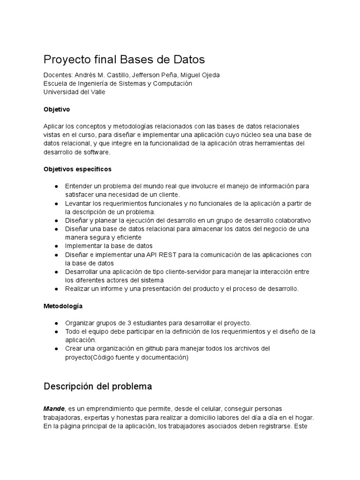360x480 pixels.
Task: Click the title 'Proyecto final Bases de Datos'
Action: point(124,60)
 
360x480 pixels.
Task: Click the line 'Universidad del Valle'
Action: point(74,92)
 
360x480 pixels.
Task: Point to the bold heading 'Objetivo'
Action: point(56,109)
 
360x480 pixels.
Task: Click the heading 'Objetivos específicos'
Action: point(77,169)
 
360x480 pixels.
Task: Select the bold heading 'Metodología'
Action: point(63,306)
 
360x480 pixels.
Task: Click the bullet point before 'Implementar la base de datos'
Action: point(56,246)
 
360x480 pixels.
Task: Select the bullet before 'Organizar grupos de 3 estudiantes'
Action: point(56,323)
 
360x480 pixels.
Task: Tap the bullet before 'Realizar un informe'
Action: point(56,289)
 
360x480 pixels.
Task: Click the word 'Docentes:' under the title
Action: point(58,75)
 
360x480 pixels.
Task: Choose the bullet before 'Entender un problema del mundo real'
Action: point(56,186)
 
